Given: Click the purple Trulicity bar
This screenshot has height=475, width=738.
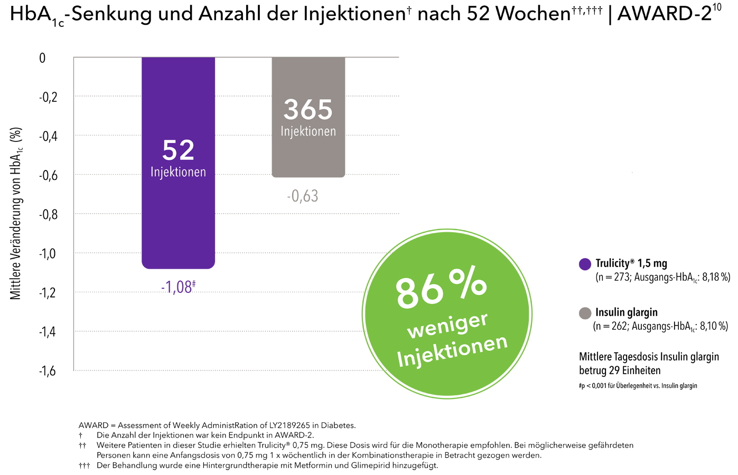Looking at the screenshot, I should coord(178,222).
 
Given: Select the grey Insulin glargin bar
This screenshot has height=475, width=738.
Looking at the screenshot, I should coord(308,158).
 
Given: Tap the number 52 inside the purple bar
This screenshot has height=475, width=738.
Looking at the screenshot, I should coord(178,150).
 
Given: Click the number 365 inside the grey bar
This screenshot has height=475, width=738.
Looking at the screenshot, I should coord(308,110).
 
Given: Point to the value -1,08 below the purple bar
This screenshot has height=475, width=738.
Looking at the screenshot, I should coord(176,287).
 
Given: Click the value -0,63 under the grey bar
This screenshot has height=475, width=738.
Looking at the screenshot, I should coord(303,196).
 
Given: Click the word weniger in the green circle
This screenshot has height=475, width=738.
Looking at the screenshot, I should coord(447,325).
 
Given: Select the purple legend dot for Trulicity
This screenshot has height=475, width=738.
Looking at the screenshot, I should coord(585,264).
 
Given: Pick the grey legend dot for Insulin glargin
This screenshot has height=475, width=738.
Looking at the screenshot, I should coord(585,313).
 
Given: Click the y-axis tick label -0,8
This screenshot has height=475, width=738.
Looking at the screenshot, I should coord(49,214).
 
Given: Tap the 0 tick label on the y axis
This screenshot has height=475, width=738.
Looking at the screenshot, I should coord(43,58).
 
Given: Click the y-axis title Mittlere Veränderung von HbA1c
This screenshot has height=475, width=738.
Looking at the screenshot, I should coord(16,214).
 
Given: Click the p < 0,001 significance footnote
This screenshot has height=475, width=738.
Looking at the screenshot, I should coord(638,386).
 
